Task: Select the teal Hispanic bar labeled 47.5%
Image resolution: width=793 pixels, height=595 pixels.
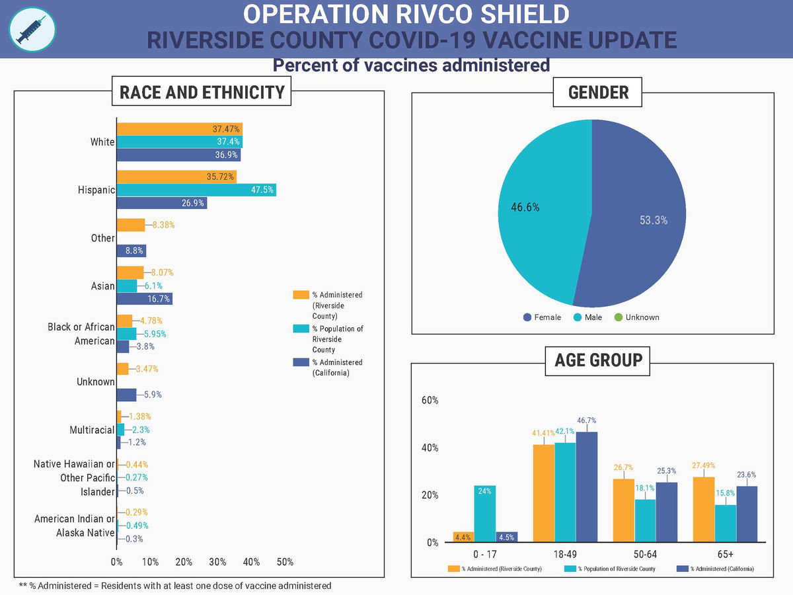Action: point(196,190)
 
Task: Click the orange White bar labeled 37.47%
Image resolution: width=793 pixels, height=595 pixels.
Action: point(179,129)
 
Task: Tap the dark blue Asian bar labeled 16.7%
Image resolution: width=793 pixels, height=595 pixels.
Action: point(144,299)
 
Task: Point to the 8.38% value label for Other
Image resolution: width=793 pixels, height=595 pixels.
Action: point(163,225)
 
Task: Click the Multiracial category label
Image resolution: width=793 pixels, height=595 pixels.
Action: point(92,430)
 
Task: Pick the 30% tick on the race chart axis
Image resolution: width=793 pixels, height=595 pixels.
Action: point(217,562)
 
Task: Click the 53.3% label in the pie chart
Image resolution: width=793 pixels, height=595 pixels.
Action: point(653,220)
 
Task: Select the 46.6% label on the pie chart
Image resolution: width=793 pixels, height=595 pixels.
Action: point(525,207)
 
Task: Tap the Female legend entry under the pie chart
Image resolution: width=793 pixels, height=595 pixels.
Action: point(542,317)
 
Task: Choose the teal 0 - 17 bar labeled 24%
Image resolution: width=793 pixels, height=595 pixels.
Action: point(484,514)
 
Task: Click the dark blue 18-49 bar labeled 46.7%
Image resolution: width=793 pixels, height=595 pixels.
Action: point(587,487)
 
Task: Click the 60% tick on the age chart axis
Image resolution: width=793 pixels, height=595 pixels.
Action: point(430,400)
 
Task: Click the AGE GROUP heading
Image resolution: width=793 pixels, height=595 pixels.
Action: point(598,360)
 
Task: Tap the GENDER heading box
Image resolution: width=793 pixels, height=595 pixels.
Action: point(598,92)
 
